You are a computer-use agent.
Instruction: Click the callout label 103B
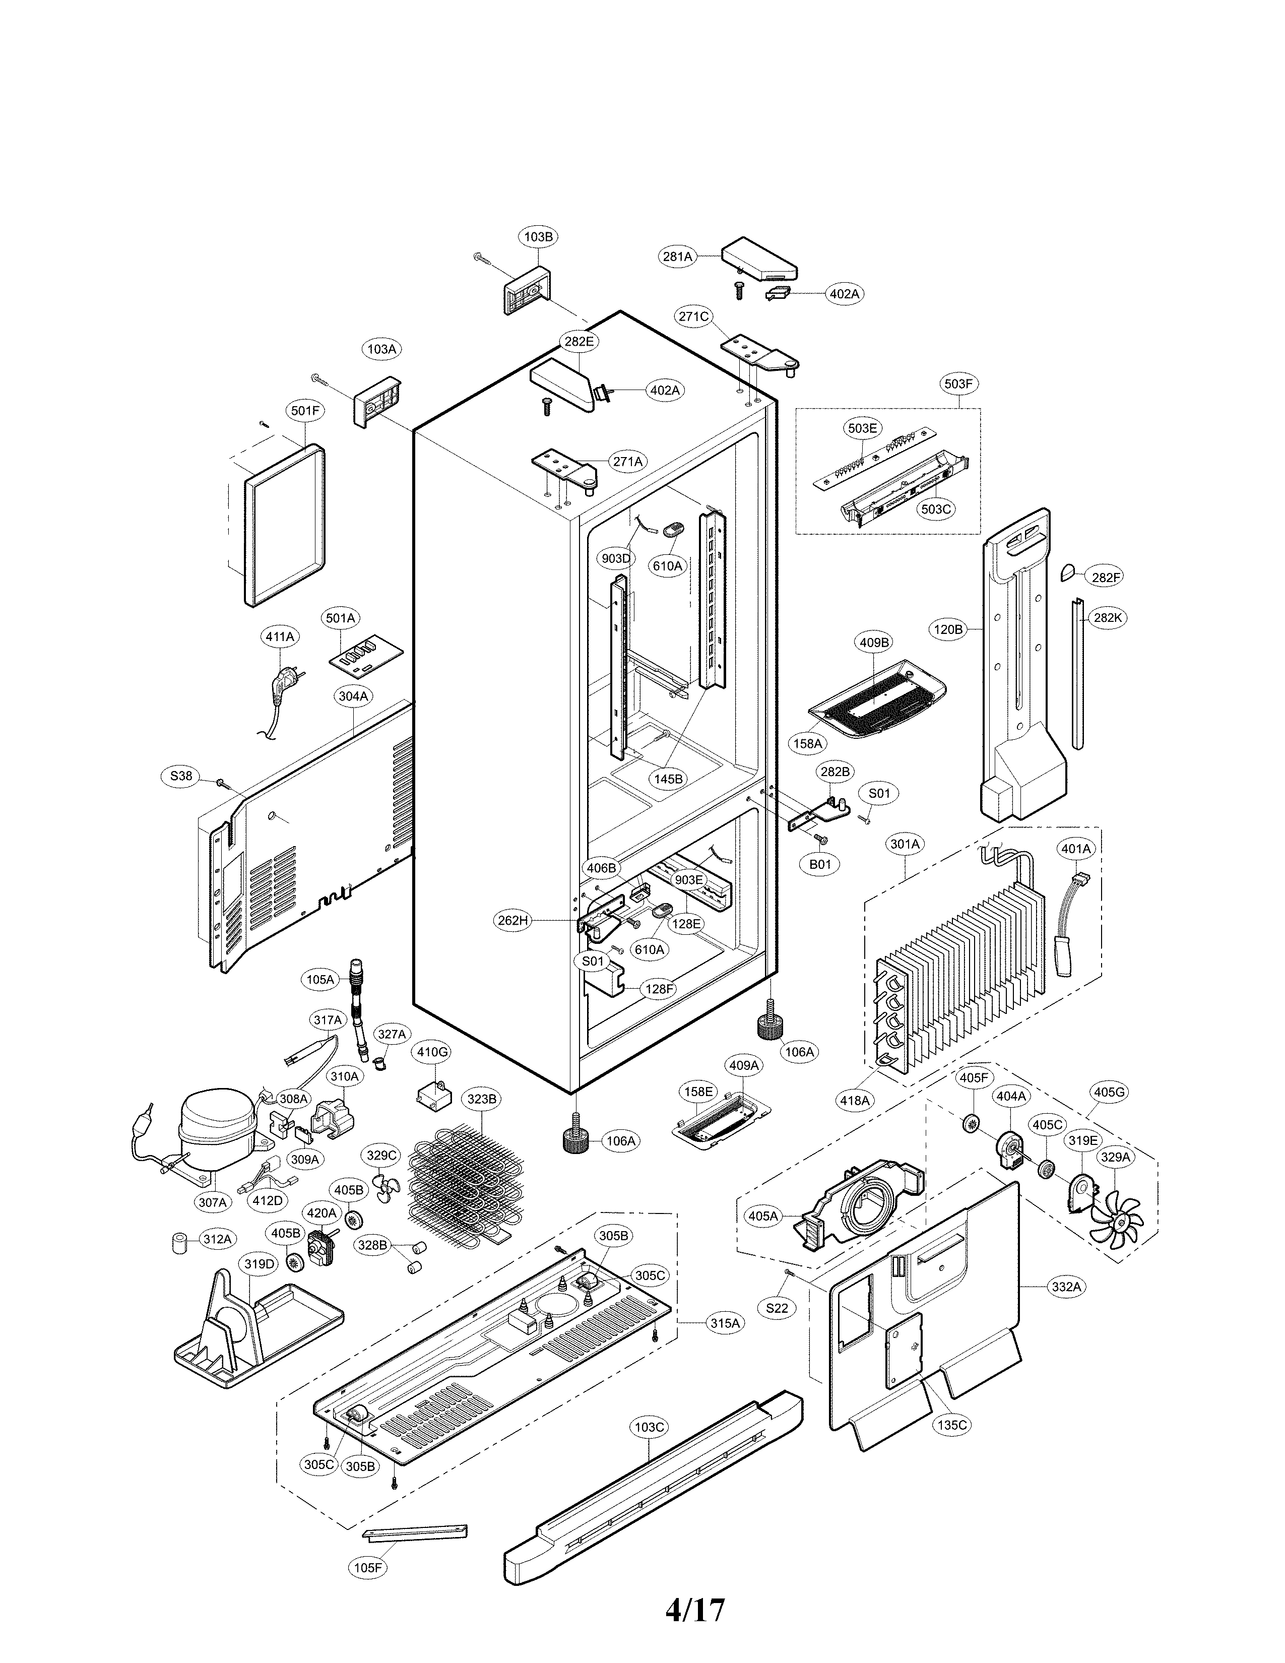(x=538, y=237)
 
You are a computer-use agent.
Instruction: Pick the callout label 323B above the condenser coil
(x=482, y=1099)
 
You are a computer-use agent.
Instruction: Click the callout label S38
(x=181, y=776)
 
